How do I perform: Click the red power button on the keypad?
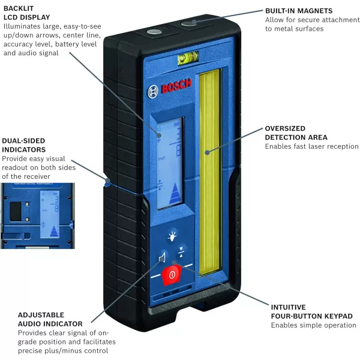pos(172,275)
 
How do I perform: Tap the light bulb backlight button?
pos(173,236)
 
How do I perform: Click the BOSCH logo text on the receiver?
pos(170,90)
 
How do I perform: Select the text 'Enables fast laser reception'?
pos(312,146)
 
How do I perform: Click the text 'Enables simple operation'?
pos(313,325)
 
